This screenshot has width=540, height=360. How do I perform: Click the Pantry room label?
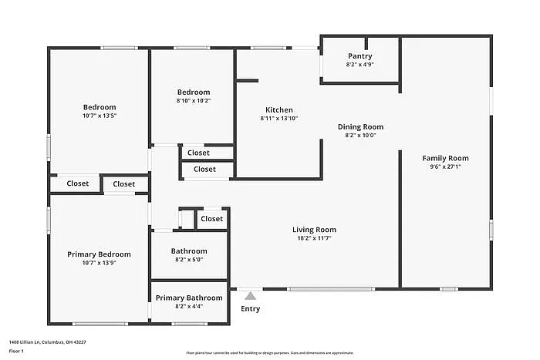(359, 56)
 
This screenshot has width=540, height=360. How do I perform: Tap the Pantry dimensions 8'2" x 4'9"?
(359, 65)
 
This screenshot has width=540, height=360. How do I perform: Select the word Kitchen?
(278, 109)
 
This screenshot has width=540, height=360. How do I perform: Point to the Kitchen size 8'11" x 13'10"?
(278, 118)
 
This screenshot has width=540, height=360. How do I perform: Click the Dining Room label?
(360, 126)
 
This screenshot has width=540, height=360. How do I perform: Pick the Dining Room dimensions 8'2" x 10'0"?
(360, 135)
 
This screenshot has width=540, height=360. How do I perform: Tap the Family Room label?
(445, 158)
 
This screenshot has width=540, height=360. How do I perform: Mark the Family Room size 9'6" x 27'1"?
(445, 167)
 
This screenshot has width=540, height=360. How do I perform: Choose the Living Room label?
(314, 230)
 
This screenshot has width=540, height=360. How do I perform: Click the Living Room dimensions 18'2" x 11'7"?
(314, 238)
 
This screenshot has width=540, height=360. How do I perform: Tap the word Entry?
(250, 309)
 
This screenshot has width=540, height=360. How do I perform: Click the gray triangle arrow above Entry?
(250, 294)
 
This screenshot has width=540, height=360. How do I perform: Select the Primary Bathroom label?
(189, 298)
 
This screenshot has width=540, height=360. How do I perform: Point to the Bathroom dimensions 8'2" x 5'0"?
(189, 260)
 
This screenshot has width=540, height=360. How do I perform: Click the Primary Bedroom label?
(99, 254)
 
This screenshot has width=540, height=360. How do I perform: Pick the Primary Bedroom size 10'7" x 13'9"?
(99, 263)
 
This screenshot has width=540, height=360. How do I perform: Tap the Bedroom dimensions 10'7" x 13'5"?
(100, 116)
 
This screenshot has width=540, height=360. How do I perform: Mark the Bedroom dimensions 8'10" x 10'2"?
(193, 100)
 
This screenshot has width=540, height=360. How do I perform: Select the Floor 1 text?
(16, 352)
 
